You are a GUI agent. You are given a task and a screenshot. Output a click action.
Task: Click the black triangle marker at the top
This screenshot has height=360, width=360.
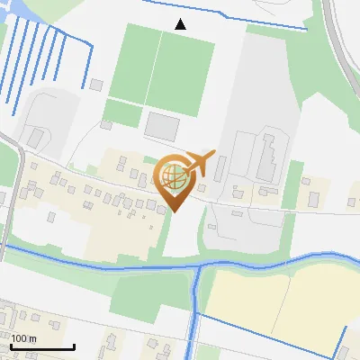click(x=181, y=24)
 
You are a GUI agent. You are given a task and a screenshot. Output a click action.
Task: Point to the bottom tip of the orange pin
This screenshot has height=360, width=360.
click(x=174, y=211)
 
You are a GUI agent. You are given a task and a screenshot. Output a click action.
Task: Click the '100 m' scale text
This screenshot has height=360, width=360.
click(x=23, y=338)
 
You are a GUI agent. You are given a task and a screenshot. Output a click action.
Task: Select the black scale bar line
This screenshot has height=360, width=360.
click(x=42, y=347)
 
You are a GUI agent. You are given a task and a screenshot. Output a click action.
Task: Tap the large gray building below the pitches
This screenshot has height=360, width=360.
click(x=163, y=125)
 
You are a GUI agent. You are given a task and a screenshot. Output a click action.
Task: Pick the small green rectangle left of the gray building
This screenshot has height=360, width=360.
click(x=122, y=113)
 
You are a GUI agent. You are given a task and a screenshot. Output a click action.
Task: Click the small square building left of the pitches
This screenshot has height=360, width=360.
click(x=96, y=85)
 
